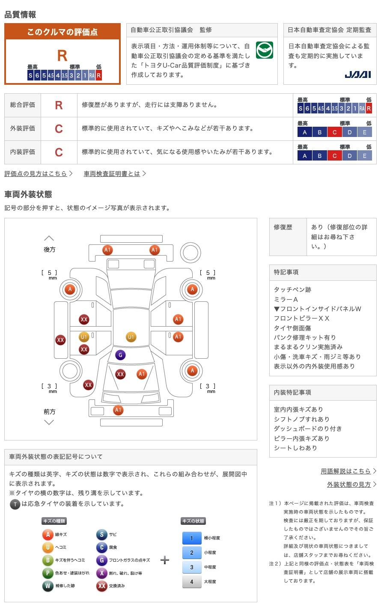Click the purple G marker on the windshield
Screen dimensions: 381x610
coord(120,355)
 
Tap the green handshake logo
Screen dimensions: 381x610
coord(265,50)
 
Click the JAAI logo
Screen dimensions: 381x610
coord(357,74)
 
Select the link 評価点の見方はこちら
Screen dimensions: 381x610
coord(36,173)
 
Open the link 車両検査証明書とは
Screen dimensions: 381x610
coord(112,173)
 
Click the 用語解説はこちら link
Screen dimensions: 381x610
coord(345,471)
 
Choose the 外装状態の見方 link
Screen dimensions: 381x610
coord(349,484)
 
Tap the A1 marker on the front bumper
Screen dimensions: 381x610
coord(118,410)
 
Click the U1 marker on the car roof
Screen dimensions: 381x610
coord(131,337)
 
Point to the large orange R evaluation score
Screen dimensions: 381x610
coord(62,56)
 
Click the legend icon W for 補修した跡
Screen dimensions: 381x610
coord(48,586)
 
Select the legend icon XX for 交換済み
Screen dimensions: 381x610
coord(101,586)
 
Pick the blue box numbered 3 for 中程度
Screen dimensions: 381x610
coord(192,567)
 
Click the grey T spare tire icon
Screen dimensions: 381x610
coord(15,504)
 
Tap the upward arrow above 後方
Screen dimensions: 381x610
coord(49,238)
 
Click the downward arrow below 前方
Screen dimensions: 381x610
coord(49,423)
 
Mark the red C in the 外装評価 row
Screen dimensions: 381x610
coord(59,128)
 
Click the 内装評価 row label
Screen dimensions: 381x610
coord(23,152)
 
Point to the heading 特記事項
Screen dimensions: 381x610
coord(286,272)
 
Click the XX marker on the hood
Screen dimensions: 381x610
coord(120,374)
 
